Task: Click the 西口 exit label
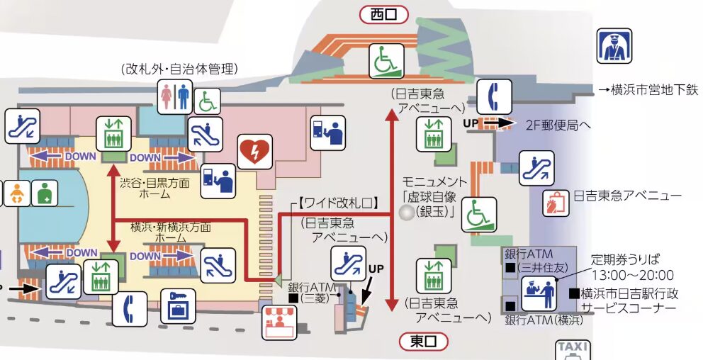click(x=384, y=15)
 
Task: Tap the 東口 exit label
click(x=424, y=342)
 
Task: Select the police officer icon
click(x=614, y=46)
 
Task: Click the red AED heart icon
click(x=254, y=152)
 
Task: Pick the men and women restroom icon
click(x=175, y=97)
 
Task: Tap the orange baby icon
click(x=16, y=193)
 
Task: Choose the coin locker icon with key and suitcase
click(x=178, y=307)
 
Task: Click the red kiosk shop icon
click(x=279, y=322)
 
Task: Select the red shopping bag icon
click(x=556, y=203)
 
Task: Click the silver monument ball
click(x=407, y=212)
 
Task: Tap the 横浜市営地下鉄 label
click(x=649, y=90)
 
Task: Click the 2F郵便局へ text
click(x=558, y=125)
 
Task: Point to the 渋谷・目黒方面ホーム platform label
click(x=154, y=189)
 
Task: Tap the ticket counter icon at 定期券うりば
click(x=539, y=294)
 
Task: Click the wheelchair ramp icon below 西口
click(x=386, y=60)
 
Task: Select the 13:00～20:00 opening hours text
click(x=633, y=275)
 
